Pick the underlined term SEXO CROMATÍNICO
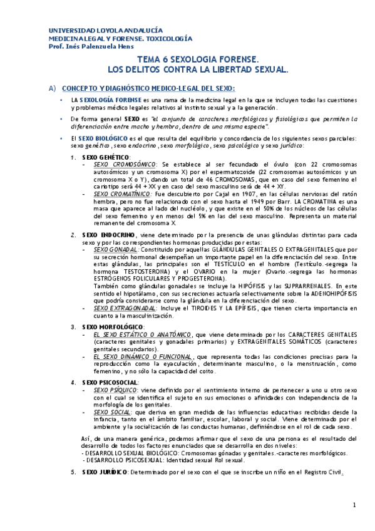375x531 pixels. tap(125, 193)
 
